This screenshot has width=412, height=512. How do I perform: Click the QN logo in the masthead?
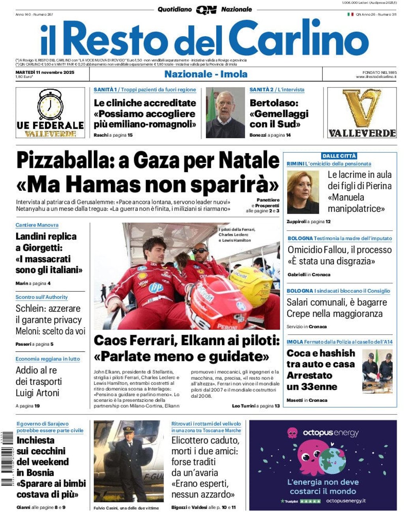[206, 10]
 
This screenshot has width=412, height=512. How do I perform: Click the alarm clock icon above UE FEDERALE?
[50, 105]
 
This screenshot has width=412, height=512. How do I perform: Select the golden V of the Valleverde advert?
[362, 107]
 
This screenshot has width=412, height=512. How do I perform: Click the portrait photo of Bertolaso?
[225, 113]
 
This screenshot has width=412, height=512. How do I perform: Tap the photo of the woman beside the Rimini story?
[303, 192]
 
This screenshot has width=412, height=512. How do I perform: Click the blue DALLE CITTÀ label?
[339, 156]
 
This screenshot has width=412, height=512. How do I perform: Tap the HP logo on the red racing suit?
[156, 288]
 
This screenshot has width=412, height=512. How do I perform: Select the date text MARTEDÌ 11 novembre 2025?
[45, 72]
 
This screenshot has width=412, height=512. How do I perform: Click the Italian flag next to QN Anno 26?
[350, 15]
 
